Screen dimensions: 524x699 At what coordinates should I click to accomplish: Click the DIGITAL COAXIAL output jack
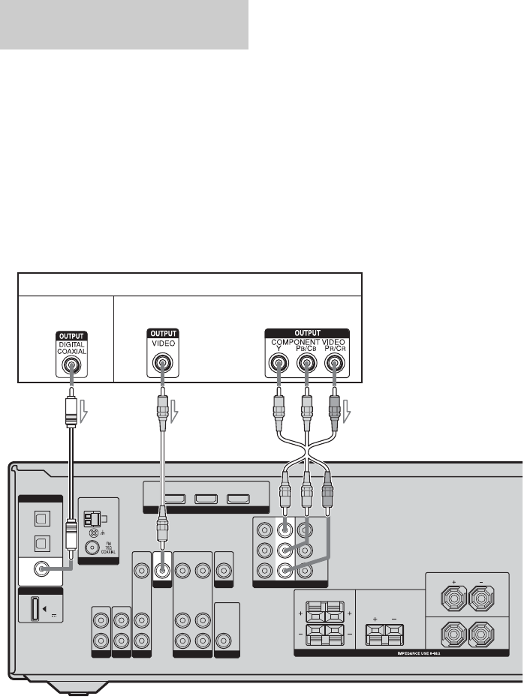pos(70,367)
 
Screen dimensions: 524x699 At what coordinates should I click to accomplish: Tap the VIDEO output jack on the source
pos(161,367)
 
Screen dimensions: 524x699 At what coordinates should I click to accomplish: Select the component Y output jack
pos(279,367)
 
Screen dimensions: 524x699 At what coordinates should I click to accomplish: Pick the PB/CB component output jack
pos(306,367)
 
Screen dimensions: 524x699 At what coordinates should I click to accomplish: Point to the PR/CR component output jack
pos(334,367)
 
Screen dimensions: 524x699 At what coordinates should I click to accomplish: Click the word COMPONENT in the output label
pos(293,342)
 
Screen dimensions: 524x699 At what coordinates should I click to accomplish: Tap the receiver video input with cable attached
pos(161,569)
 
